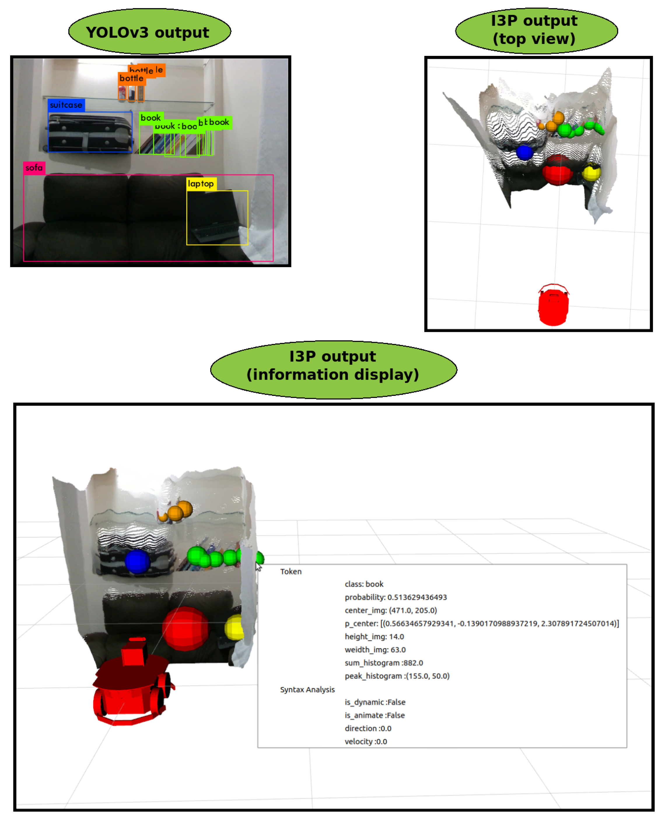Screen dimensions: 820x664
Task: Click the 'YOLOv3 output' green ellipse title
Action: coord(150,32)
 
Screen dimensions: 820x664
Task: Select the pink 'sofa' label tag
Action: coord(34,168)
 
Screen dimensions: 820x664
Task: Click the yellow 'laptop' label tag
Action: coord(201,184)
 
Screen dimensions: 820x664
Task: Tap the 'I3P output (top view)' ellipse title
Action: coord(536,30)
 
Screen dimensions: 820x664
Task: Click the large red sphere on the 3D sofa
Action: coord(186,629)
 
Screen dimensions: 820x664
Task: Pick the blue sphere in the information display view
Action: coord(137,562)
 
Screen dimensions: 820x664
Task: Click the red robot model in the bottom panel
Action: coord(132,684)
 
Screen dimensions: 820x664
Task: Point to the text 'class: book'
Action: coord(364,584)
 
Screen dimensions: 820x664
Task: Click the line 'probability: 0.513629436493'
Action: coord(395,597)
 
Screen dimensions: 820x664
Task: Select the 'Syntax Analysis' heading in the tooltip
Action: coord(307,689)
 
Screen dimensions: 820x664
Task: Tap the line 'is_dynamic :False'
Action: coord(375,702)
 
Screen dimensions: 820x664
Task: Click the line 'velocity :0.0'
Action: coord(366,741)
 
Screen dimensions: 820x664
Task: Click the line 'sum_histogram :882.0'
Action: coord(384,663)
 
